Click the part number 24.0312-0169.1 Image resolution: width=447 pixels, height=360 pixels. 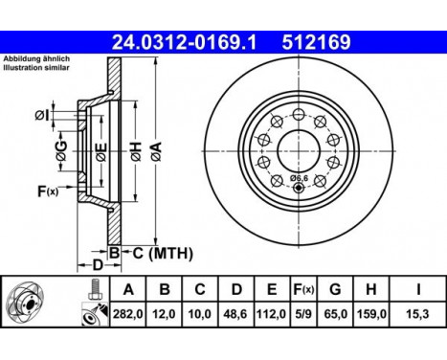coord(184,42)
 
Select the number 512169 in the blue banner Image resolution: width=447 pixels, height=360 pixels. coord(316,42)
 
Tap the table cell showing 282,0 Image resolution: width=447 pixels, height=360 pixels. coord(128,314)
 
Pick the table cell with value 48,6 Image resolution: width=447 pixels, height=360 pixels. coord(235,314)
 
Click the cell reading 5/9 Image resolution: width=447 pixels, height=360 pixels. coord(303,314)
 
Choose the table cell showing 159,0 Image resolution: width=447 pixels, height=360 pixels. coord(371,314)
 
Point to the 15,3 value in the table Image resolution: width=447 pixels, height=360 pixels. coord(418,314)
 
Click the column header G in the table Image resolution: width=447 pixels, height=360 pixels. coord(335,289)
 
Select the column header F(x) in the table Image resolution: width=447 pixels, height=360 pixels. coord(303,289)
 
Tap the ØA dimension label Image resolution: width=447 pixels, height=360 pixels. coord(157,151)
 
